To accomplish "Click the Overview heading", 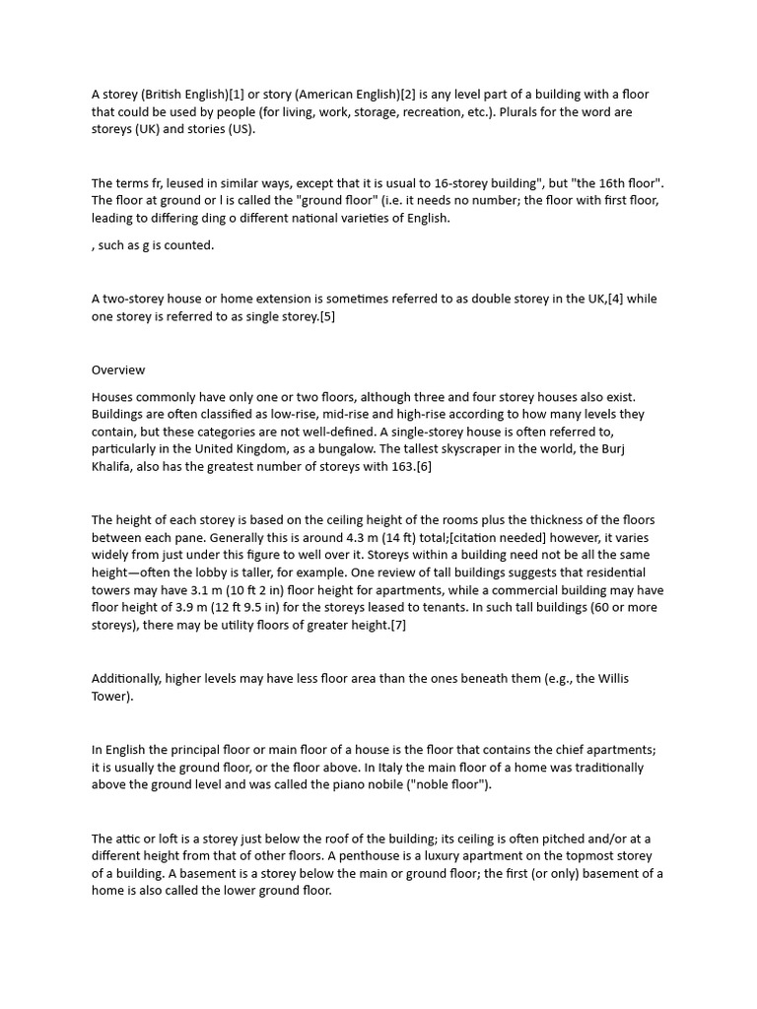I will click(118, 370).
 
